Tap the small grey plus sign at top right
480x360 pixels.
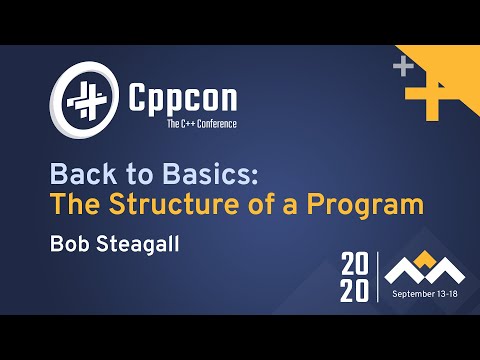click(403, 67)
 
